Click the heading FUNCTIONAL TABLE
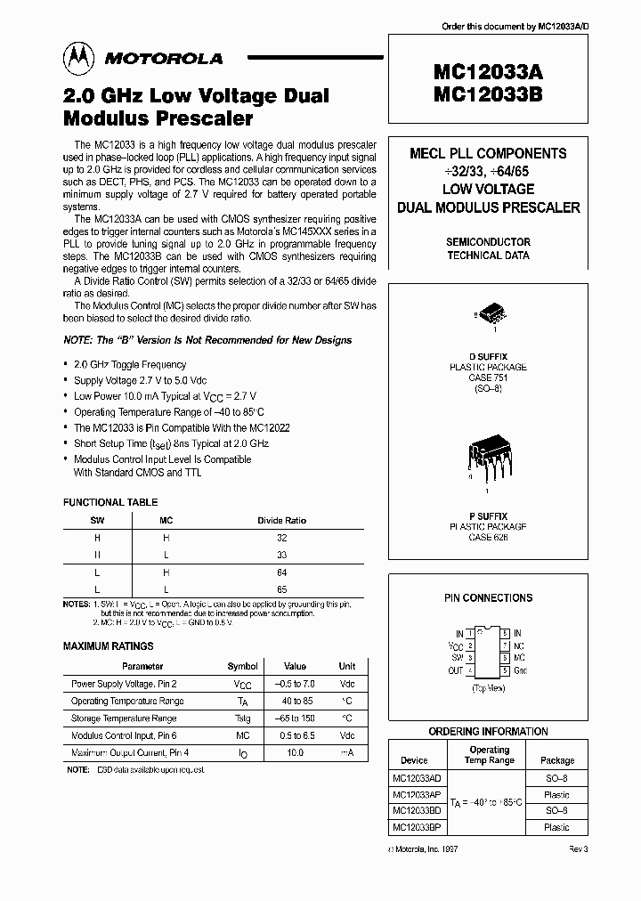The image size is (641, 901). point(110,502)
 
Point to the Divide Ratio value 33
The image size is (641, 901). point(282,555)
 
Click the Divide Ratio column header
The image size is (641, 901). point(282,521)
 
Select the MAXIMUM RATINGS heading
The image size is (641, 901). point(109,645)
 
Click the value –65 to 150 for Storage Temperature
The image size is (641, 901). point(295,718)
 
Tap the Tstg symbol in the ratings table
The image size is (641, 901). point(242,718)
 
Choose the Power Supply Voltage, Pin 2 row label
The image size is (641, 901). point(124,684)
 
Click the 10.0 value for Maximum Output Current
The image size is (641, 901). point(295,752)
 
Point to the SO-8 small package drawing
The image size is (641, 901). point(489,315)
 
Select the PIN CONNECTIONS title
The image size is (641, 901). point(488,598)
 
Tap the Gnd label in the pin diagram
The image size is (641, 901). point(520,670)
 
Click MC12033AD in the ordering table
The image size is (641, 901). point(416,777)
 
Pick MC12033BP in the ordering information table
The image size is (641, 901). point(416,827)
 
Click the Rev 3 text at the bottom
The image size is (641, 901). point(579,850)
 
